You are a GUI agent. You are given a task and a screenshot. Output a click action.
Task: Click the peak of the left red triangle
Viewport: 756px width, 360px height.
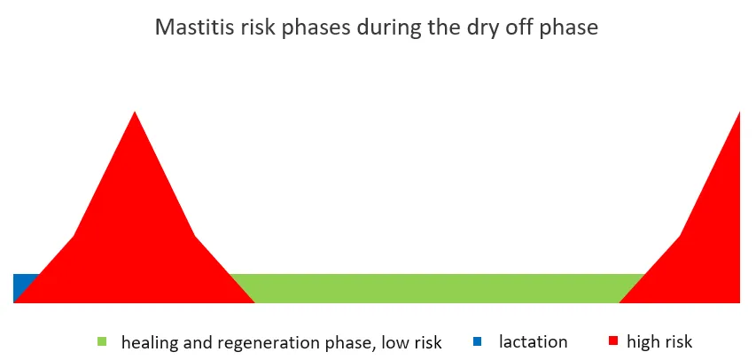pos(135,113)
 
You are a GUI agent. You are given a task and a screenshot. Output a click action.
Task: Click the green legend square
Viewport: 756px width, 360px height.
pos(102,341)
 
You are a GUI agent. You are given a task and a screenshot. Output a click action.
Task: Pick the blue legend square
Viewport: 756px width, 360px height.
pos(478,341)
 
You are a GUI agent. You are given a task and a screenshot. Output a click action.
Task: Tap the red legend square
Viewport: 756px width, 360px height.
pos(613,341)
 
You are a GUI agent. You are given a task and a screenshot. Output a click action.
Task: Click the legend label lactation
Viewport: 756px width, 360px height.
pos(533,341)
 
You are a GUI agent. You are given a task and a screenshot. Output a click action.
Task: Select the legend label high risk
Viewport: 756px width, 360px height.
pos(659,341)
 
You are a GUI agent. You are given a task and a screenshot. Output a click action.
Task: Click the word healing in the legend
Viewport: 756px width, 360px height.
pos(149,342)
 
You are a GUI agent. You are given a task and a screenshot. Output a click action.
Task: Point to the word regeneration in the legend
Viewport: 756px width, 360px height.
pos(255,342)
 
